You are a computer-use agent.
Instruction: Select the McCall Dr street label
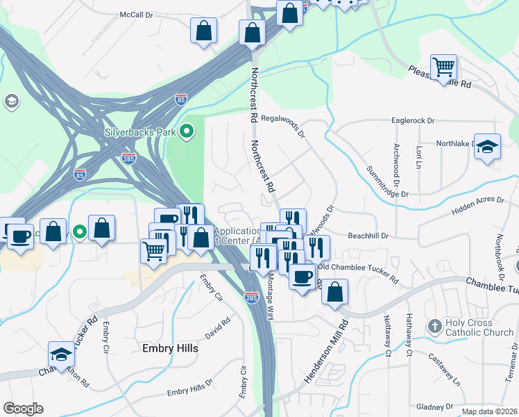[135, 14]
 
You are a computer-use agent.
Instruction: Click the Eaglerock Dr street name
[412, 120]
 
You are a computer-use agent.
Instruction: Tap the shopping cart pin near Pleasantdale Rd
[443, 68]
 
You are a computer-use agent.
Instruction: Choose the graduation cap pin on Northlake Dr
[487, 147]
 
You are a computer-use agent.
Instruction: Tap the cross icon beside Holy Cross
[434, 325]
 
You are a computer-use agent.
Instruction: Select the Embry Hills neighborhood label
[170, 348]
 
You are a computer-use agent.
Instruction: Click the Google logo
[23, 409]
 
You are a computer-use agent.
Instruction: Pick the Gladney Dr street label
[435, 406]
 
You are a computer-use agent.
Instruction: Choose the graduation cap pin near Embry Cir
[61, 354]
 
